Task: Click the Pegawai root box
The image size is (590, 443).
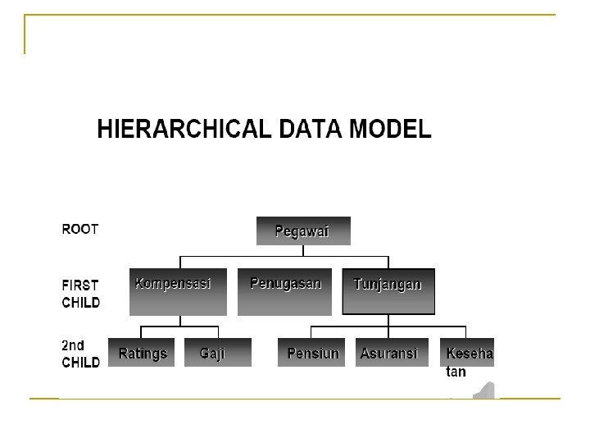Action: pyautogui.click(x=303, y=231)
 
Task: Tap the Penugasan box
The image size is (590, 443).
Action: pyautogui.click(x=286, y=291)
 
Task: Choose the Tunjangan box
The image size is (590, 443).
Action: pyautogui.click(x=388, y=291)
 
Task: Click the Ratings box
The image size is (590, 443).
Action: pyautogui.click(x=143, y=353)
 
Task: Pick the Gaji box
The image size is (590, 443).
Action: pyautogui.click(x=212, y=353)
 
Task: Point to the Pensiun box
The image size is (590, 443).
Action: pyautogui.click(x=312, y=353)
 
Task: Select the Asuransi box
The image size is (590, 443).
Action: pyautogui.click(x=388, y=353)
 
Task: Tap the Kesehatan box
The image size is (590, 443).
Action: pyautogui.click(x=469, y=353)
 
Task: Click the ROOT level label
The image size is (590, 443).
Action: pyautogui.click(x=80, y=230)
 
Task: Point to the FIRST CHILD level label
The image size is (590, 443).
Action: pyautogui.click(x=81, y=294)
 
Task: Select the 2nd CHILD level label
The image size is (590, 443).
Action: pyautogui.click(x=81, y=354)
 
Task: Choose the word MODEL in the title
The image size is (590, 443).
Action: pyautogui.click(x=390, y=130)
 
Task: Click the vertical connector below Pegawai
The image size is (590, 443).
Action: pyautogui.click(x=303, y=251)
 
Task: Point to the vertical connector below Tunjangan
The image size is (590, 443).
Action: pyautogui.click(x=388, y=321)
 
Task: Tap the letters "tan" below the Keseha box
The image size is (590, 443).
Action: pyautogui.click(x=456, y=372)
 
